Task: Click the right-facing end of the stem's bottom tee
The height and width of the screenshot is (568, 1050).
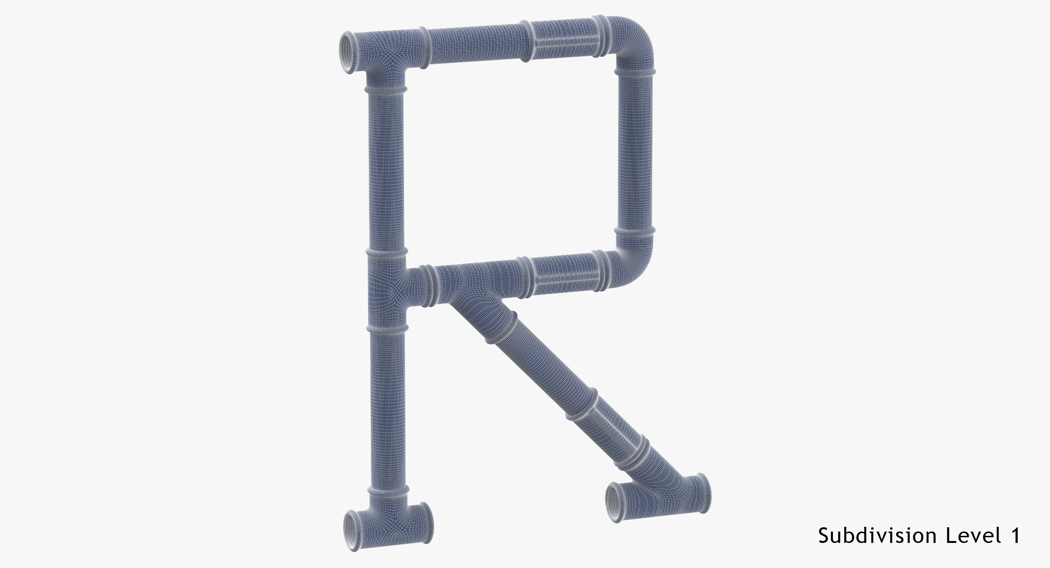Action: pyautogui.click(x=425, y=524)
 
